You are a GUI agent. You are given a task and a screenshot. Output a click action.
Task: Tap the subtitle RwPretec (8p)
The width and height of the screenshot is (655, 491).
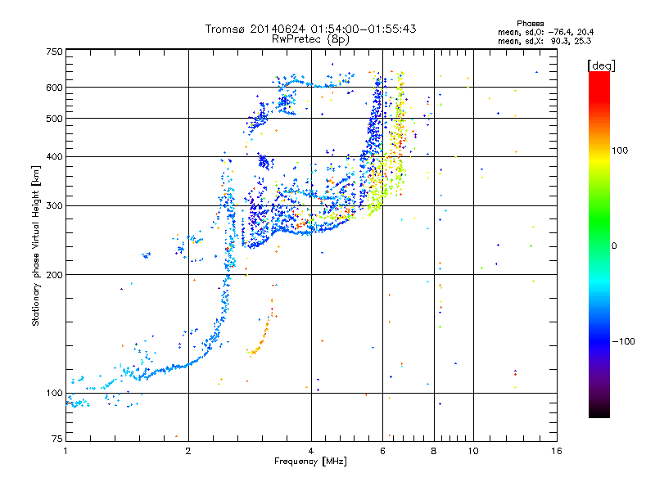[310, 39]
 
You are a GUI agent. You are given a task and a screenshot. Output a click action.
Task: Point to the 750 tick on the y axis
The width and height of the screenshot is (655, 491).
[54, 52]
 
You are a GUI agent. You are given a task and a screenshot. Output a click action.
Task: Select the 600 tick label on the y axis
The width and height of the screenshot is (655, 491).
[54, 88]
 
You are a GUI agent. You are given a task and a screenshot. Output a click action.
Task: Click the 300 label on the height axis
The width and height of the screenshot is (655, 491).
[54, 206]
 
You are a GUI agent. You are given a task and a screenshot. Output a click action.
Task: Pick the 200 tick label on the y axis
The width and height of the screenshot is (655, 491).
[54, 275]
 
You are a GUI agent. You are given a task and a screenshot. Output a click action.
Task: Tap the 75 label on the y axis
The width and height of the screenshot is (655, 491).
[57, 439]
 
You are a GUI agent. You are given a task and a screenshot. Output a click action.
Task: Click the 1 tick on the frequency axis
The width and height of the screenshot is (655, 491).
[65, 451]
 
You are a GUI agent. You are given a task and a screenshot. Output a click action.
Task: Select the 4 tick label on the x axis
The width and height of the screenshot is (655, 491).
[311, 451]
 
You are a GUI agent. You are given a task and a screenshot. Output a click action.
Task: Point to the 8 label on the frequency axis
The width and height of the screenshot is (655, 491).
[434, 451]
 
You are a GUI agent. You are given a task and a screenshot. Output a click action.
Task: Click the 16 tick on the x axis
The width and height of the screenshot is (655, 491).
[557, 451]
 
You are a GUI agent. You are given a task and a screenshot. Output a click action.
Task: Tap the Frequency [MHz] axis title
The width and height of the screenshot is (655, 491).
[310, 462]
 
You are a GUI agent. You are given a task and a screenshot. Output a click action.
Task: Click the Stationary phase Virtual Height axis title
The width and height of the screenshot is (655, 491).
[35, 245]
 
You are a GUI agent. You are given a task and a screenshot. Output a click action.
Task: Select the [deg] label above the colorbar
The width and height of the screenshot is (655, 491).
[602, 65]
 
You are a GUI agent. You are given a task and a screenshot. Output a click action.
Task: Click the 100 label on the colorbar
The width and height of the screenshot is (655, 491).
[620, 151]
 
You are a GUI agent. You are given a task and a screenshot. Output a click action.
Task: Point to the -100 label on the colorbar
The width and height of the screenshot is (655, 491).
[624, 341]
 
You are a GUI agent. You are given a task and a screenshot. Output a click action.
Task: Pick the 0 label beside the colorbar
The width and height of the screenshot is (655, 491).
[614, 246]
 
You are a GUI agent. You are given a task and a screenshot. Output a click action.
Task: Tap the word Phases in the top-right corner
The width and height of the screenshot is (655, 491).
[531, 24]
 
